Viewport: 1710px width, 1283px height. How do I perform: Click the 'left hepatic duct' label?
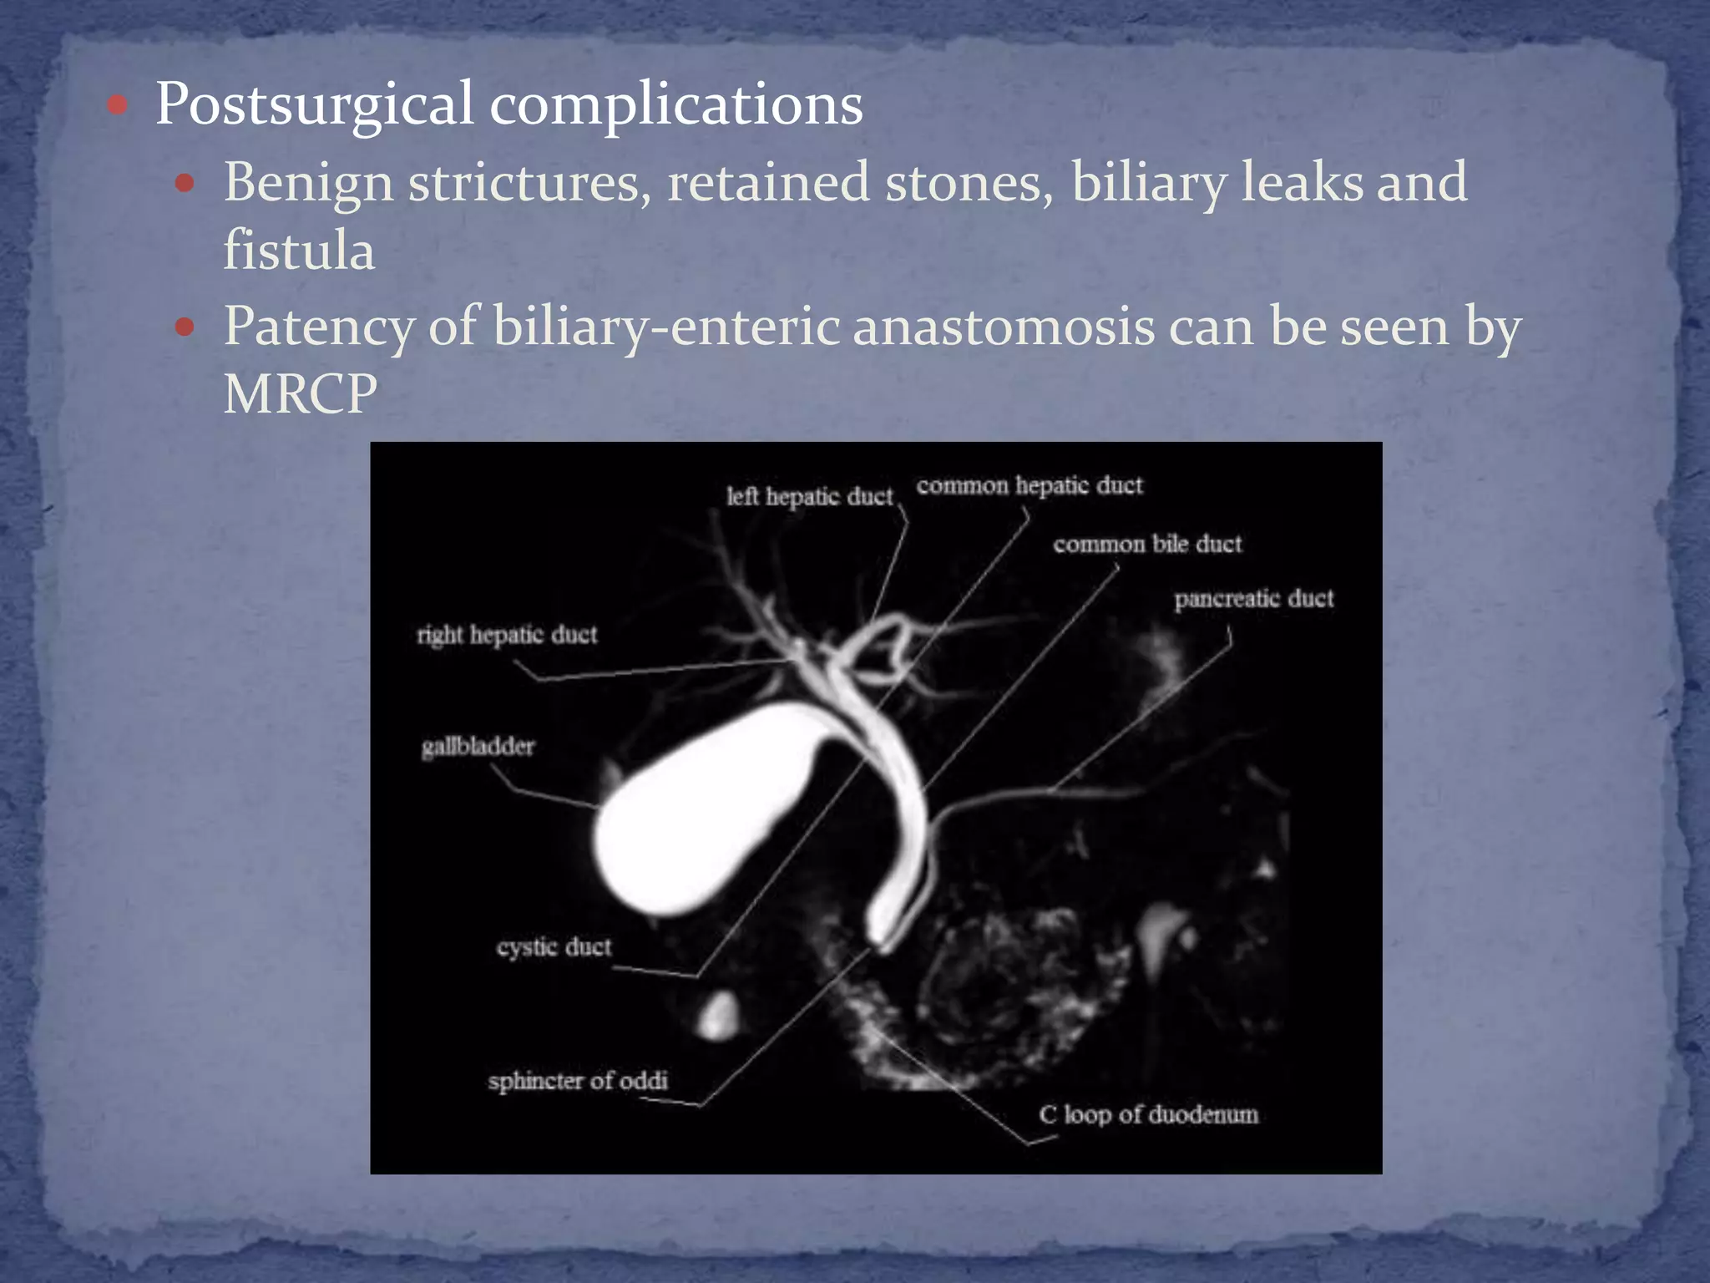pos(809,497)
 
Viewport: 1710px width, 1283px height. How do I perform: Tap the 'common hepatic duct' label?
pos(1029,486)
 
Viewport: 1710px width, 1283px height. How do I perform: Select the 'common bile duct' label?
pos(1147,545)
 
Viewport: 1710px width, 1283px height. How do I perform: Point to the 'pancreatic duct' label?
pos(1253,599)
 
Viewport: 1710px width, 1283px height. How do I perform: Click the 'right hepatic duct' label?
pos(507,636)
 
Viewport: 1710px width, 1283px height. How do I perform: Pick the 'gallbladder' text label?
pos(478,746)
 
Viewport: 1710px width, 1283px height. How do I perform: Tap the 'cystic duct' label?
pos(554,947)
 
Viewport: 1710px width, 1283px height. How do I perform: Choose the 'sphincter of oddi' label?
pos(578,1081)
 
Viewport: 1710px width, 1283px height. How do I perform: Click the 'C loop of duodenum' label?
pos(1148,1115)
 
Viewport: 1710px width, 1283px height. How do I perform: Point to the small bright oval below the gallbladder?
pos(718,1016)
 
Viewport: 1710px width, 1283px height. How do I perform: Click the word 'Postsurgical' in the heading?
pos(315,105)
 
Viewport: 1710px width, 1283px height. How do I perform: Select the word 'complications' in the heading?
pos(675,105)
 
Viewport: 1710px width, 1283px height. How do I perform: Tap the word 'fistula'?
pos(298,251)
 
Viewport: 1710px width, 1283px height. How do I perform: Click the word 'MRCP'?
pos(300,393)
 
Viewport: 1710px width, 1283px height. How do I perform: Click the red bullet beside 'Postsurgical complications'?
pos(118,105)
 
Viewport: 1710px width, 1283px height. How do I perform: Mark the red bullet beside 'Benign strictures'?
pos(185,183)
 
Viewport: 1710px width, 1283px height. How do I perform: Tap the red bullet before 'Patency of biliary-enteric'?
pos(185,327)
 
